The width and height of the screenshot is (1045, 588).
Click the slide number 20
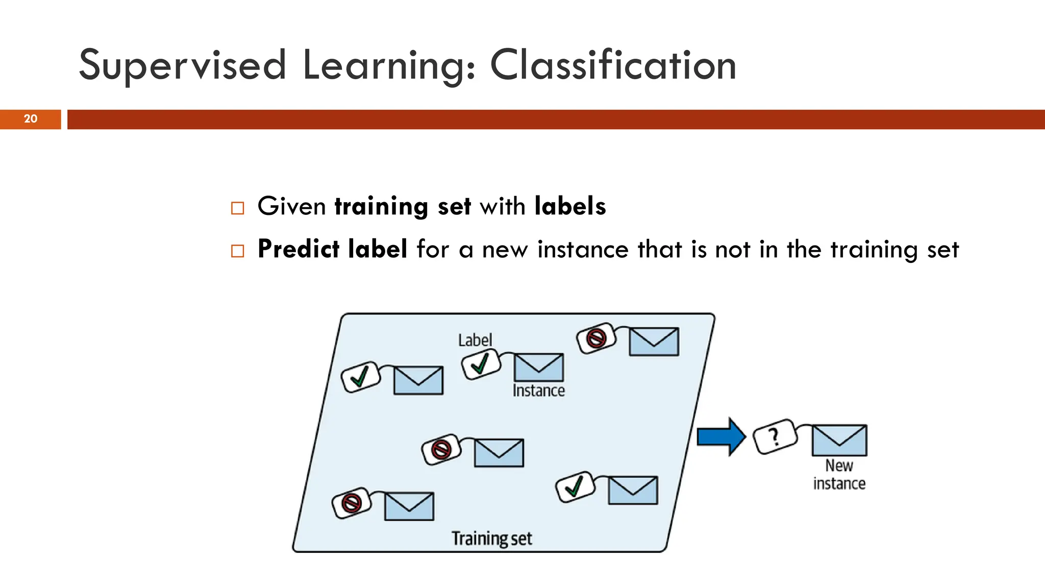(31, 119)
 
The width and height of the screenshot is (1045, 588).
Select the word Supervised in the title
(182, 65)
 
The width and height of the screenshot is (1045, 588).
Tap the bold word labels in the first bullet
(570, 206)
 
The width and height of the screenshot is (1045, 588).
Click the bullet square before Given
(237, 208)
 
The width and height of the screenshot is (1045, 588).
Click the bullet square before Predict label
(237, 251)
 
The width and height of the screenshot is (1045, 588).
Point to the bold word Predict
(298, 249)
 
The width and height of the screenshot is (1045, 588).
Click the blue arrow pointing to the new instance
(721, 436)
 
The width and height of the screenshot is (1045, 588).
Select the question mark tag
(775, 436)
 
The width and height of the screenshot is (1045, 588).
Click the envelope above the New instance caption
(839, 440)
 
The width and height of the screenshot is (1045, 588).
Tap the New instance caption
(839, 474)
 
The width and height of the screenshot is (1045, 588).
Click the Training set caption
(491, 538)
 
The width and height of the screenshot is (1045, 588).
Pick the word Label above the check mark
(475, 340)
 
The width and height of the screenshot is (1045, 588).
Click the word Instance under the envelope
(538, 390)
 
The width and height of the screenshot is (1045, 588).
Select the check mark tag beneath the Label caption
(480, 364)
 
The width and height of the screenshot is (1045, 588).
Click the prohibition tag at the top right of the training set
(596, 338)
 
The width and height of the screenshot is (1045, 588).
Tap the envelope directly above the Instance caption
(538, 367)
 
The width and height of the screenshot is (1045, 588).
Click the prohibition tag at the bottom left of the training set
(351, 503)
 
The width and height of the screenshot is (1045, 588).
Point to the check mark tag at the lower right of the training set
(575, 486)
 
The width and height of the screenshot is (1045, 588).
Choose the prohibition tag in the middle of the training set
(441, 450)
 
